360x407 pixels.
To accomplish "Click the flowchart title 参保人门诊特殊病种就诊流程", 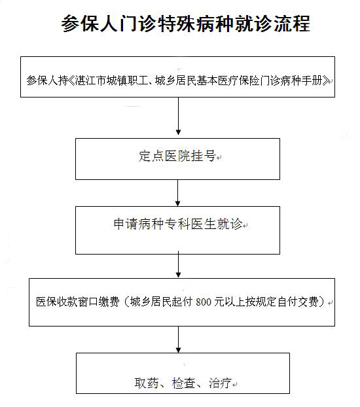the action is (x=186, y=24).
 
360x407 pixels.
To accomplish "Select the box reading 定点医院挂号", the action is (x=177, y=159).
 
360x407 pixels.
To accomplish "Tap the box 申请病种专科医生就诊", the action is (x=177, y=230).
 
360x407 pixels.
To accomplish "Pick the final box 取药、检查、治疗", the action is (x=183, y=373).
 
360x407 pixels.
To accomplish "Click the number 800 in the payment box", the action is (x=204, y=302).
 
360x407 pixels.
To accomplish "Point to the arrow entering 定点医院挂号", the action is (x=178, y=116).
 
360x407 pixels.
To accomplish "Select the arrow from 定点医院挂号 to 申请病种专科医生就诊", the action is (x=177, y=193).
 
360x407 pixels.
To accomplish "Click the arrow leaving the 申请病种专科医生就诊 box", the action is (x=178, y=264).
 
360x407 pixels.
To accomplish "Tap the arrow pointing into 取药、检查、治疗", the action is (x=178, y=340).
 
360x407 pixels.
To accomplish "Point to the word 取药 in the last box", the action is (x=146, y=383).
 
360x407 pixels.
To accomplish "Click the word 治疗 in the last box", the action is (x=221, y=383).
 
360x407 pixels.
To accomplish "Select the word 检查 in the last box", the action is (x=183, y=383).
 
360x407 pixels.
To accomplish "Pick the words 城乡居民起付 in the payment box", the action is (x=161, y=302).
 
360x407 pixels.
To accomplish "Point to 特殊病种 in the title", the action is (x=186, y=24).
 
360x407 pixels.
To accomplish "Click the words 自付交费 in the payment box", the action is (x=298, y=302).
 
